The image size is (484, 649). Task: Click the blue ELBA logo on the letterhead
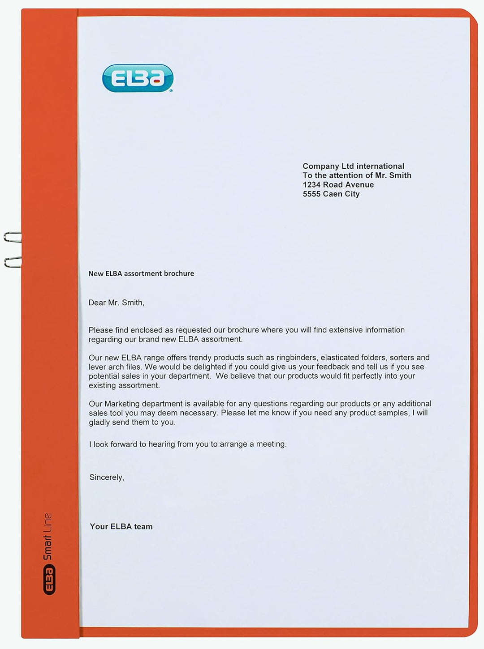(138, 78)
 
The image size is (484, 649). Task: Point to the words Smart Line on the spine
(47, 536)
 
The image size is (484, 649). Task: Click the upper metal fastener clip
(13, 237)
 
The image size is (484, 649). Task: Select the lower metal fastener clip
(13, 262)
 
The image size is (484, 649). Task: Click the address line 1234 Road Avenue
(338, 184)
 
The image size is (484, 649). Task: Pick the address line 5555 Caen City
(331, 194)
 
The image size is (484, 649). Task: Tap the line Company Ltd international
(353, 166)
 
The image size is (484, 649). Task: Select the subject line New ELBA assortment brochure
(141, 273)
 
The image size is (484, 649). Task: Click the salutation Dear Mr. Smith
(116, 303)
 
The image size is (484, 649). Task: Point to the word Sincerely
(106, 477)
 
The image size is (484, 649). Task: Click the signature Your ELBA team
(121, 526)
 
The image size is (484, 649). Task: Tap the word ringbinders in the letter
(296, 358)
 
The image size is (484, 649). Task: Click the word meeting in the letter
(271, 444)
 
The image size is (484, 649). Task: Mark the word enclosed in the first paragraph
(146, 330)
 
